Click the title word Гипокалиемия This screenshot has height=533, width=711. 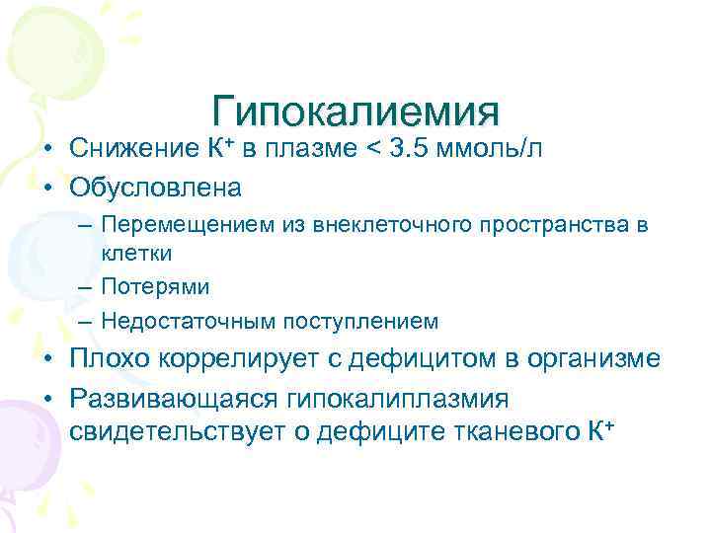coord(355,112)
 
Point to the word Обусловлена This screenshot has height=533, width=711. coord(155,185)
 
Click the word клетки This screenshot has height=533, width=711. coord(137,253)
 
